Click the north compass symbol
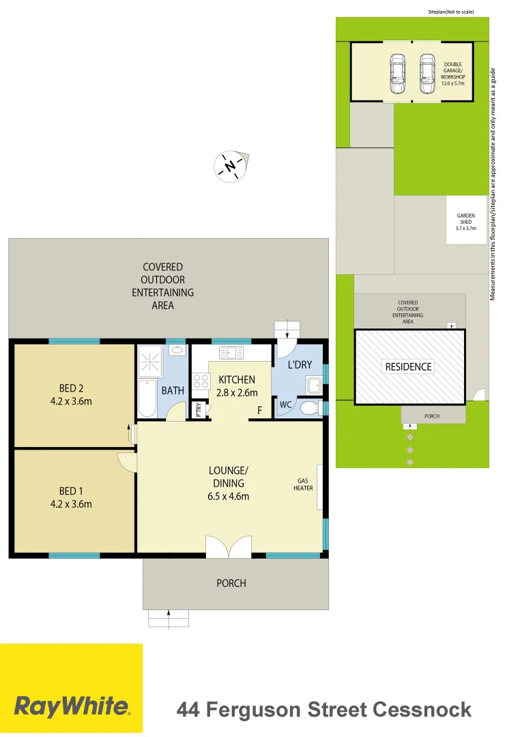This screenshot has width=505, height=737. coord(231,166)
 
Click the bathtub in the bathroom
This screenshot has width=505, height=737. coord(147,399)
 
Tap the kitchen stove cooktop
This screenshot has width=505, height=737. coord(201,380)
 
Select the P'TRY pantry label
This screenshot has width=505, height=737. coord(199,409)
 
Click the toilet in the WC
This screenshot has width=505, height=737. coord(309,407)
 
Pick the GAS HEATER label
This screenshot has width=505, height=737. coord(303,484)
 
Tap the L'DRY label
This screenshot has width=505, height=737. coord(300,365)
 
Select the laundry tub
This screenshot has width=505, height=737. coord(315,386)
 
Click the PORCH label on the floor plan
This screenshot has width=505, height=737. coord(231,583)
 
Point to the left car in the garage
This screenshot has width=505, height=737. coord(397,74)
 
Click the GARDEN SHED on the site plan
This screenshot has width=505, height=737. coord(466,221)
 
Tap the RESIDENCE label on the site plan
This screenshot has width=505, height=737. coord(409,366)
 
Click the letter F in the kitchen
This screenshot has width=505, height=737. coord(259,410)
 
